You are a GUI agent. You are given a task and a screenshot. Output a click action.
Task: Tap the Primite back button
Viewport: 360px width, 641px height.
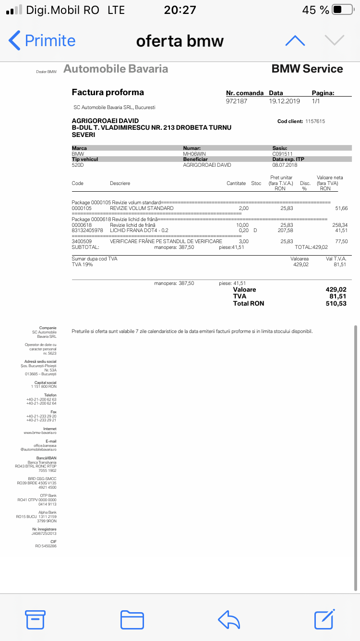[42, 41]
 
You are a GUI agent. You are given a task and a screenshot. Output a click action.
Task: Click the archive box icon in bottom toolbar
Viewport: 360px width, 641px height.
[35, 619]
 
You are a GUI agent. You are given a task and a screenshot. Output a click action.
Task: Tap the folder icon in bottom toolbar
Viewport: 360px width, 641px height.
[132, 619]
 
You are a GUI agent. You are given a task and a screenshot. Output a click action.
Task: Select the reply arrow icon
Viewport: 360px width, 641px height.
[228, 619]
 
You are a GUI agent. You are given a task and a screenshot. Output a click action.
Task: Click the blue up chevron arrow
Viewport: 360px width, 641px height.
[295, 41]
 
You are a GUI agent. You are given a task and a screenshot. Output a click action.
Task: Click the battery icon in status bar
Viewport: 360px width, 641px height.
[343, 10]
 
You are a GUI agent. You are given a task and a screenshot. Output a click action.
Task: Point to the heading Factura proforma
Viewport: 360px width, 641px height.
[108, 92]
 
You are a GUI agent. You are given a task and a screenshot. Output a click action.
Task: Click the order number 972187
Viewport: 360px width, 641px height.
[237, 101]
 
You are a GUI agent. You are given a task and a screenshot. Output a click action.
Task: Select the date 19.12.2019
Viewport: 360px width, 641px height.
[284, 101]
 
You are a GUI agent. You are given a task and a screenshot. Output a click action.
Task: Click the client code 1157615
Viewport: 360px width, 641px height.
[315, 121]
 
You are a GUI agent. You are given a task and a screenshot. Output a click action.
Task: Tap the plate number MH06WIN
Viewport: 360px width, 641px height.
[194, 154]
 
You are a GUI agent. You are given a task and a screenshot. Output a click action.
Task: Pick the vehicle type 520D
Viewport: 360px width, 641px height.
[78, 165]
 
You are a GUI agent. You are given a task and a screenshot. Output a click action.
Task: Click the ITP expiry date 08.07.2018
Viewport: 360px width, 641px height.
[285, 165]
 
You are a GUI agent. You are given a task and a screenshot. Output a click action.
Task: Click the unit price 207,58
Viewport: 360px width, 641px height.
[287, 230]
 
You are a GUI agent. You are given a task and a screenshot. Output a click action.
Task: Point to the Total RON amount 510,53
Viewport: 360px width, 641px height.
[336, 303]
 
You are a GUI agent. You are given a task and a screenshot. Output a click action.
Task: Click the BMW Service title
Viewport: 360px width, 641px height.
[307, 69]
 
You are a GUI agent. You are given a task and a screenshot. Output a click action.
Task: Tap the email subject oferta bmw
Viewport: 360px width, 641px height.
[180, 41]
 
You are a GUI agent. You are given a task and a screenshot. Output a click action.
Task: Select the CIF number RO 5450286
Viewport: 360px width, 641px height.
[46, 546]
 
